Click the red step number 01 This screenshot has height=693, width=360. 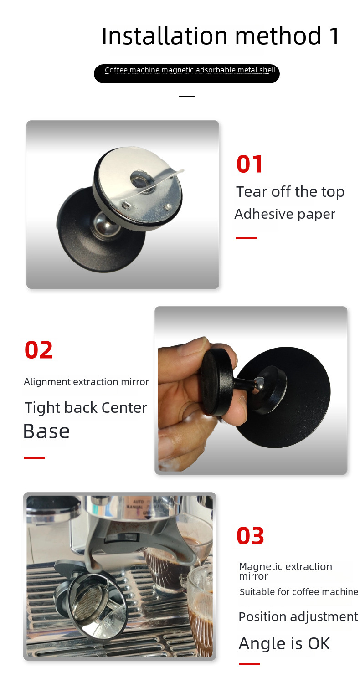[x=249, y=164]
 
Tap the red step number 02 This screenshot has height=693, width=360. [x=39, y=350]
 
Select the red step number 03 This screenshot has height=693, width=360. [x=250, y=536]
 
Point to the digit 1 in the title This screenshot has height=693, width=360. [x=334, y=36]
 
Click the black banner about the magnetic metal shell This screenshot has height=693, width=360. [x=187, y=74]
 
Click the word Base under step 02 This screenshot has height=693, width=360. [x=46, y=431]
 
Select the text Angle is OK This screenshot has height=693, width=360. [x=284, y=643]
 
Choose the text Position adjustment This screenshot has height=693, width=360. [x=298, y=617]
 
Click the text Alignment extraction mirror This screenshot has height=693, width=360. [x=87, y=382]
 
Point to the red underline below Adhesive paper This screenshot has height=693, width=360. [x=247, y=238]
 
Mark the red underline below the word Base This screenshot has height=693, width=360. [x=35, y=457]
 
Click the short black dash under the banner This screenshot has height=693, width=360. [x=187, y=96]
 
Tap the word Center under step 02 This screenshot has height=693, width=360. [x=124, y=408]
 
